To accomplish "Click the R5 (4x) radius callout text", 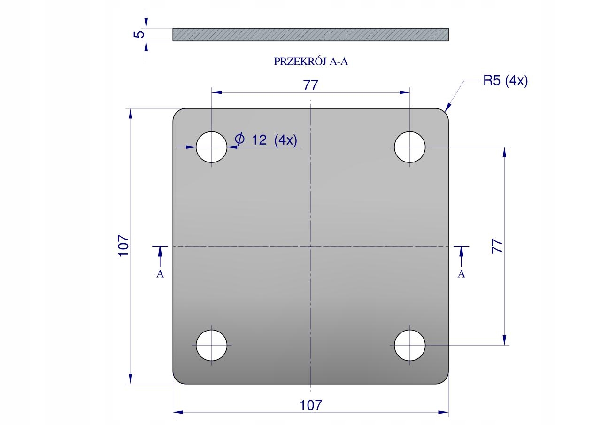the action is coord(506,80).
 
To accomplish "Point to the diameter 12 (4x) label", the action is coord(266,139).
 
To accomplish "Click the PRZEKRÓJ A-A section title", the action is coord(311,62).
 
